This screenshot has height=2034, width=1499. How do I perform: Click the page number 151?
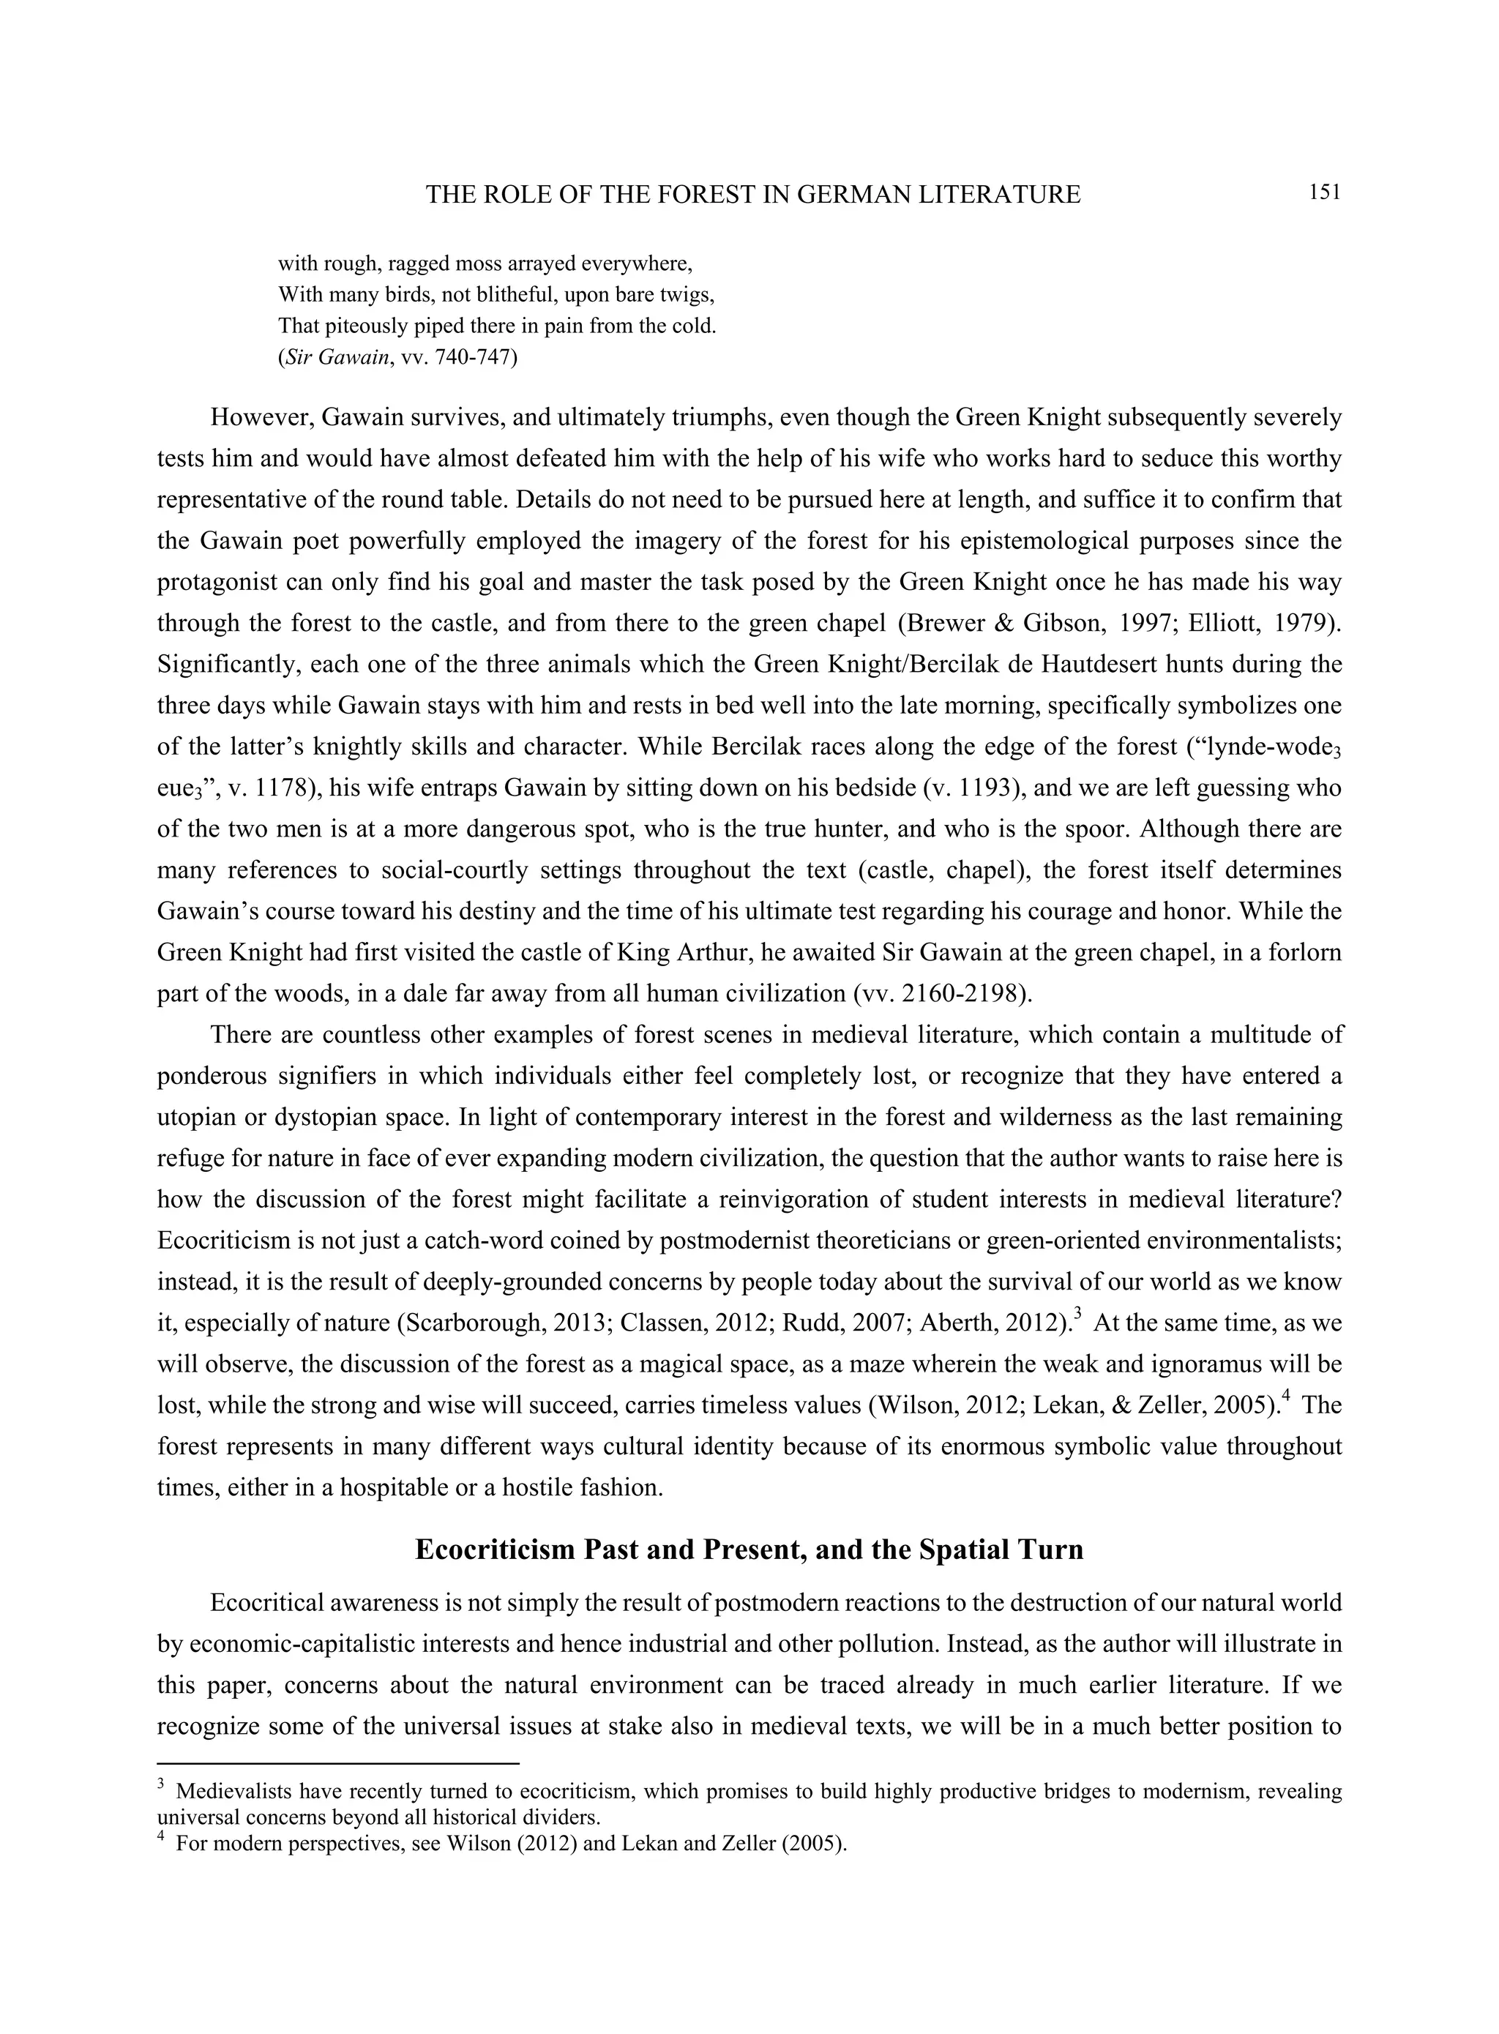[x=1324, y=192]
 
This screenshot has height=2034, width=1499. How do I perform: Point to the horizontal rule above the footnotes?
[x=337, y=1764]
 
